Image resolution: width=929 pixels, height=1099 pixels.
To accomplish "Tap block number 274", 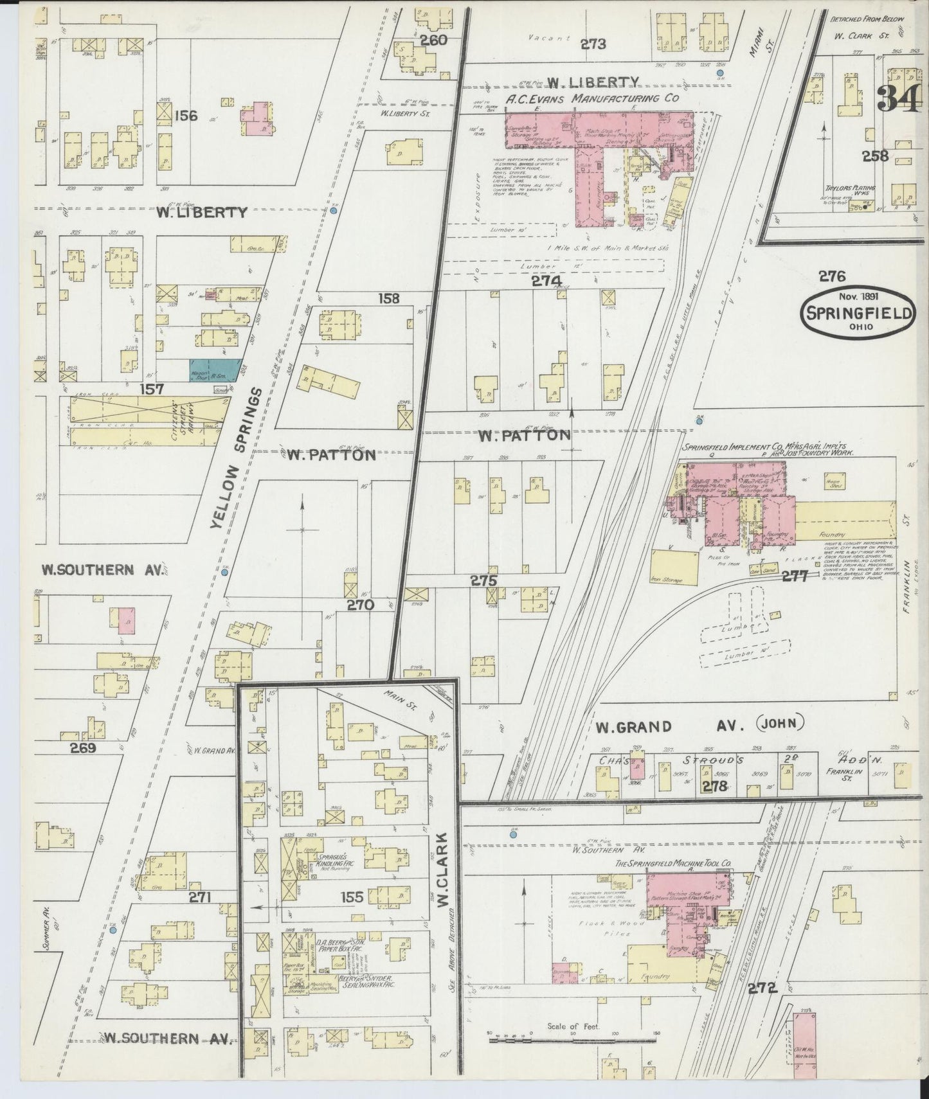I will [546, 281].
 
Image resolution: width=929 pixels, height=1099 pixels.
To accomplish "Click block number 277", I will [795, 576].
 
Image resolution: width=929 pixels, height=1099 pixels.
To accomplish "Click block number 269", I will [83, 747].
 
